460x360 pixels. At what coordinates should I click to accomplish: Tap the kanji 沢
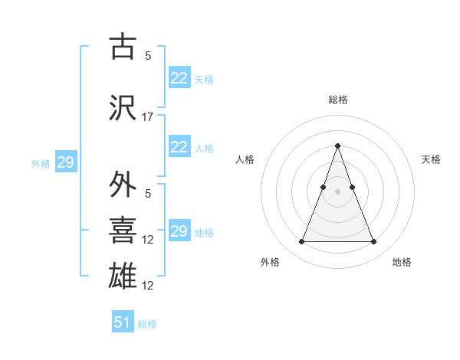tap(123, 109)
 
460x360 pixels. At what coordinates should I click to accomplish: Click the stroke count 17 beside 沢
tap(148, 117)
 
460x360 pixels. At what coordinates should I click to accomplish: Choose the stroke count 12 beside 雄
tap(148, 286)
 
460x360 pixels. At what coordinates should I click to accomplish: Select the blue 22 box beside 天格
tap(179, 78)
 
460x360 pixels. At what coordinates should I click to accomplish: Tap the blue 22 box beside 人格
tap(179, 147)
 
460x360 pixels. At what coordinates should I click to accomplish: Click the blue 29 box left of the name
tap(65, 162)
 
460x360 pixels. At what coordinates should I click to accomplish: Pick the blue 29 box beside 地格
tap(179, 231)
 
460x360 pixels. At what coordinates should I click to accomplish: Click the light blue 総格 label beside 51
tap(147, 324)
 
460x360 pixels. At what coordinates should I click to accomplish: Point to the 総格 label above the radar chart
tap(337, 100)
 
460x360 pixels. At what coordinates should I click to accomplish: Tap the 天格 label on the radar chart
tap(432, 159)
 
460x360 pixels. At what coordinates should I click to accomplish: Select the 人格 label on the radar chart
tap(245, 159)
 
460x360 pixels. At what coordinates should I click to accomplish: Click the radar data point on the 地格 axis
tap(373, 242)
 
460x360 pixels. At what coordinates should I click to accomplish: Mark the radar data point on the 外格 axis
tap(301, 242)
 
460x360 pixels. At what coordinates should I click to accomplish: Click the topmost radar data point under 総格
tap(337, 146)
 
